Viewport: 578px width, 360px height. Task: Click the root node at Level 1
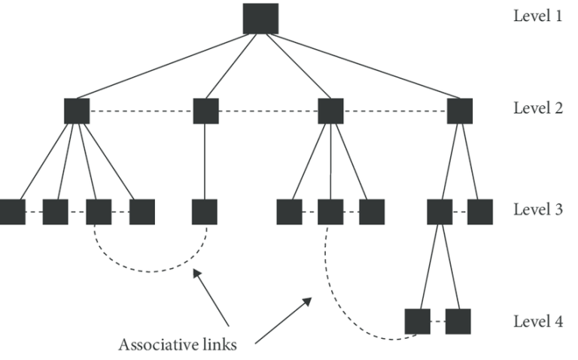tap(260, 19)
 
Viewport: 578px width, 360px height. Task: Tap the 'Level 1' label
tap(538, 16)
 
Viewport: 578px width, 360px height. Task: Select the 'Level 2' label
tap(538, 108)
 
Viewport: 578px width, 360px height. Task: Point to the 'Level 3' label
tap(538, 209)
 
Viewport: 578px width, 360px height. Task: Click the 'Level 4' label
tap(538, 322)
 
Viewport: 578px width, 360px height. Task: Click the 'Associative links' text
tap(178, 344)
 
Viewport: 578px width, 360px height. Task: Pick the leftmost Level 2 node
tap(77, 111)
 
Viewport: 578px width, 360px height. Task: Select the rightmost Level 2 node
tap(460, 111)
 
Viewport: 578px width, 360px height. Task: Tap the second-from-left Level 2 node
tap(205, 111)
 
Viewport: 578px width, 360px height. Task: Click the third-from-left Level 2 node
tap(330, 111)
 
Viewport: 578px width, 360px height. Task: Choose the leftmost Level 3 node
tap(13, 212)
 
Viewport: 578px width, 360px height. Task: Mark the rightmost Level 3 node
tap(480, 212)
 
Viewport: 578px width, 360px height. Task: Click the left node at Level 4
tap(417, 322)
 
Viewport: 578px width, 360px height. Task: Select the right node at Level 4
tap(458, 322)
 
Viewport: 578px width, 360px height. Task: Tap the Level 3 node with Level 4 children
tap(440, 212)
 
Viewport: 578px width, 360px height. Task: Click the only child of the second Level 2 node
tap(205, 212)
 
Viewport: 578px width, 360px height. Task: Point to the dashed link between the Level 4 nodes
tap(437, 322)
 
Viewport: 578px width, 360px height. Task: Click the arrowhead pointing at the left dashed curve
tap(197, 274)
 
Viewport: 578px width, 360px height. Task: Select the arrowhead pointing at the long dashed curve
tap(307, 302)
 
